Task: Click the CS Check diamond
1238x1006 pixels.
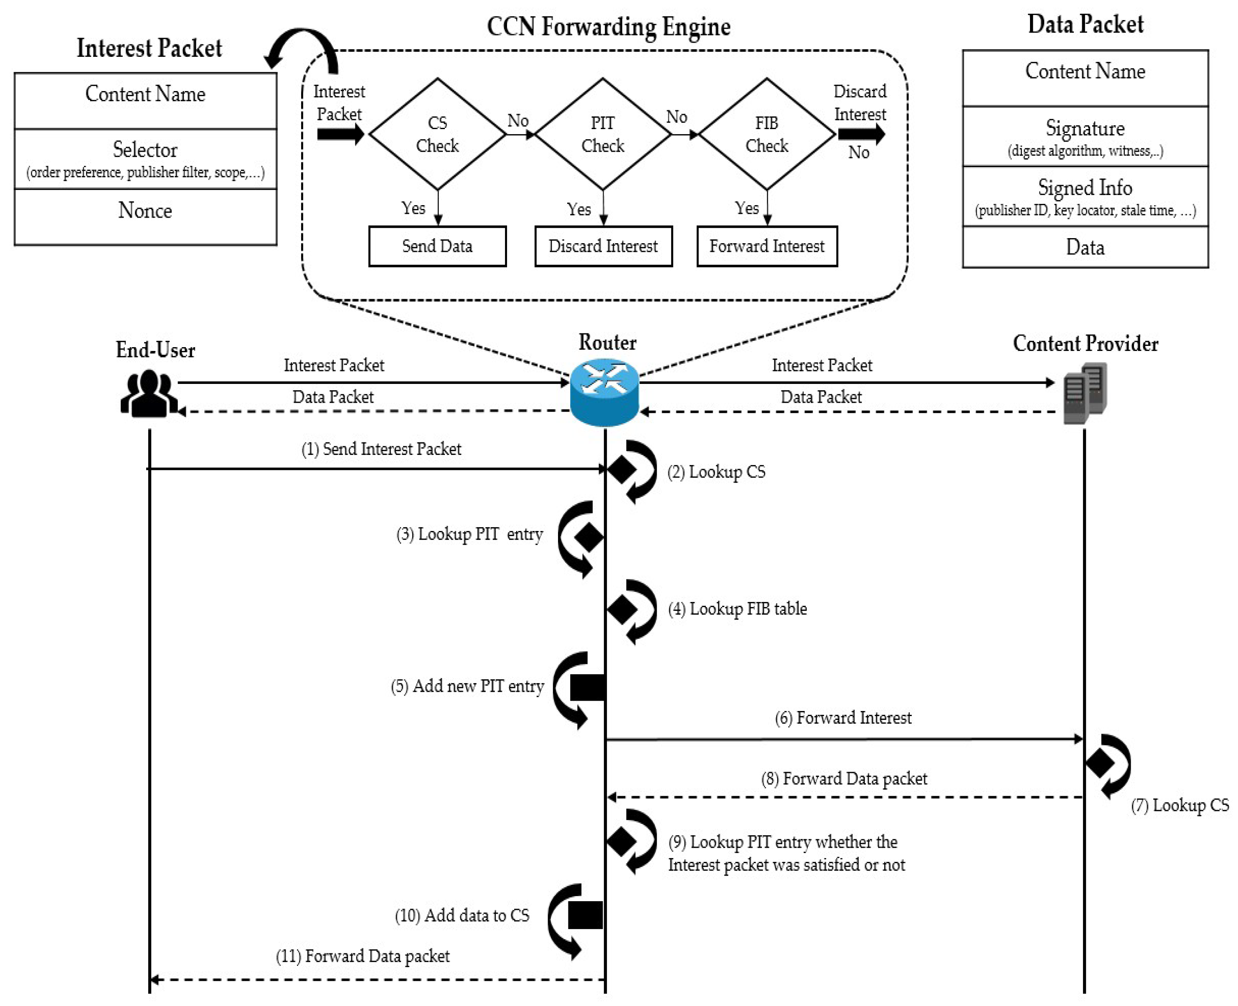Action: tap(437, 134)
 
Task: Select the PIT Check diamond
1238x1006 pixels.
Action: tap(602, 134)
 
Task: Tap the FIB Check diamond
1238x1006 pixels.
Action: tap(766, 134)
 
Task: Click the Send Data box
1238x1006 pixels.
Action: tap(437, 246)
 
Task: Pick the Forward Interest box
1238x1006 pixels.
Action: tap(766, 246)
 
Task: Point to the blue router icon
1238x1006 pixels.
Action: tap(604, 392)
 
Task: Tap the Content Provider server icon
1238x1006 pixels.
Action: tap(1085, 392)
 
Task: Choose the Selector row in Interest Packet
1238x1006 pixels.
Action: tap(145, 158)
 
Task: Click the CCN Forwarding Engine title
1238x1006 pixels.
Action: tap(608, 27)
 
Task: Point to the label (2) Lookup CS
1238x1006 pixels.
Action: tap(716, 472)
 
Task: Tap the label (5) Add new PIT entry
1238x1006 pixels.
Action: tap(467, 686)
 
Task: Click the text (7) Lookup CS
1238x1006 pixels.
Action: tap(1180, 805)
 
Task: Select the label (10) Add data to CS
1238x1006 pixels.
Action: tap(462, 915)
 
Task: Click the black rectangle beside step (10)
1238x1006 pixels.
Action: tap(585, 915)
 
